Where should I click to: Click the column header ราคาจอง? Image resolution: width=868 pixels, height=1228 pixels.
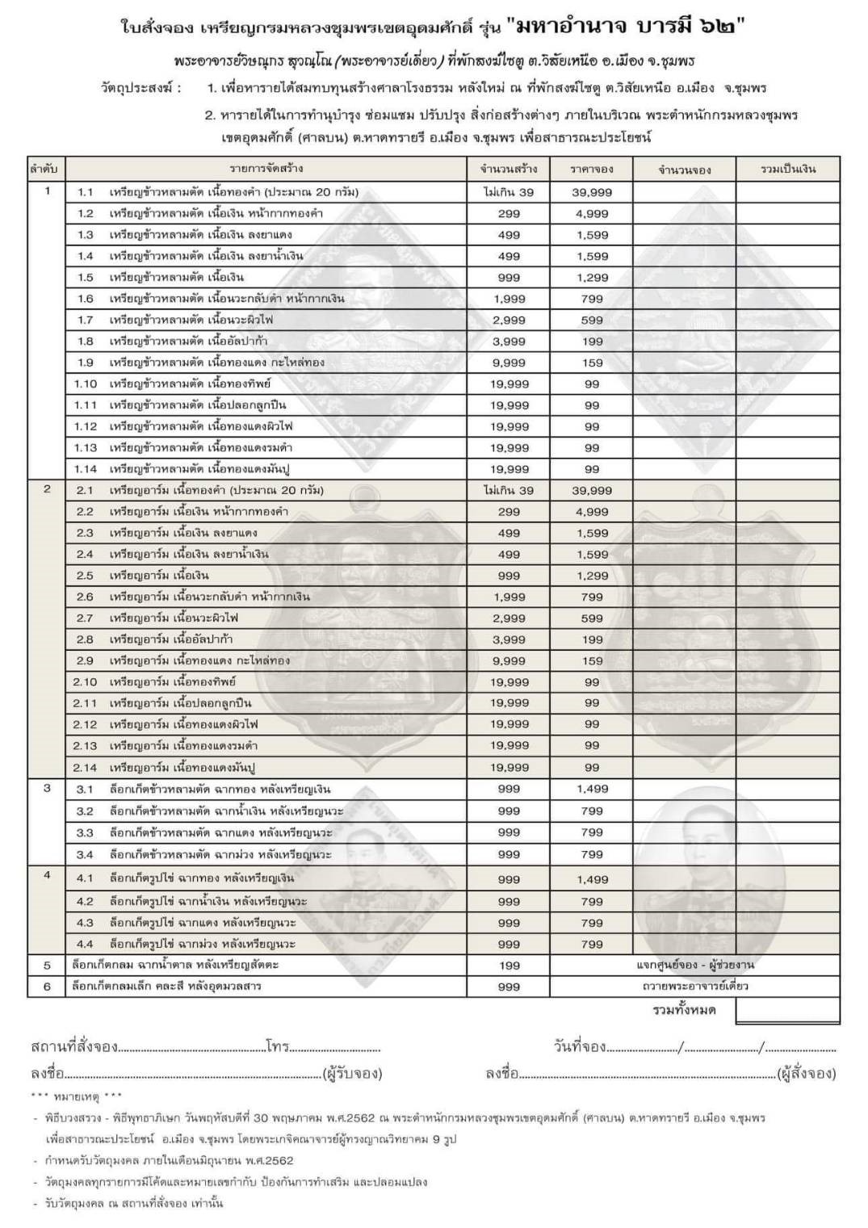[x=591, y=170]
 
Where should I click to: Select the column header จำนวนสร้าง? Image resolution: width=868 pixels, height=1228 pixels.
[x=509, y=170]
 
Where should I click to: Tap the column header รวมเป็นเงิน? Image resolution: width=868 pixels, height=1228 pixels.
[x=788, y=170]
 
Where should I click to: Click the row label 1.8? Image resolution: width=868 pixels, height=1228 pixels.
[x=86, y=342]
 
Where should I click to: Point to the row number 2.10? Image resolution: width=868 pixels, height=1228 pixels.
[x=86, y=682]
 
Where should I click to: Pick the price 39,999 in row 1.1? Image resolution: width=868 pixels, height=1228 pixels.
[x=592, y=192]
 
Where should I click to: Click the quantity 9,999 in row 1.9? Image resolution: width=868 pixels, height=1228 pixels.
[x=509, y=363]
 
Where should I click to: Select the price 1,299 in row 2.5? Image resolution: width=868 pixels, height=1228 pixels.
[x=592, y=576]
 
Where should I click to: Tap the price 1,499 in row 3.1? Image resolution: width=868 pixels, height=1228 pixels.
[x=592, y=789]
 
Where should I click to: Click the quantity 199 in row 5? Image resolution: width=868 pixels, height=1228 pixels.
[x=509, y=966]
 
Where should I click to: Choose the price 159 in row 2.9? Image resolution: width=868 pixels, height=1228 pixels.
[x=592, y=660]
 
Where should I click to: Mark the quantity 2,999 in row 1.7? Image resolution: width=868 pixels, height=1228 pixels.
[x=509, y=321]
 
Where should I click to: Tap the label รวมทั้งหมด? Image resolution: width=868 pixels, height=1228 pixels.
[x=684, y=1010]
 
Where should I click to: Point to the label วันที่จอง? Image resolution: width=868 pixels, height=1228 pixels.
[x=580, y=1047]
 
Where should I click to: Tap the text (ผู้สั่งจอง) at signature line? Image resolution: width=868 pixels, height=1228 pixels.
[x=805, y=1074]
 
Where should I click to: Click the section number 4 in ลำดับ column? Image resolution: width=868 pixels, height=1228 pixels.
[x=47, y=875]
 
